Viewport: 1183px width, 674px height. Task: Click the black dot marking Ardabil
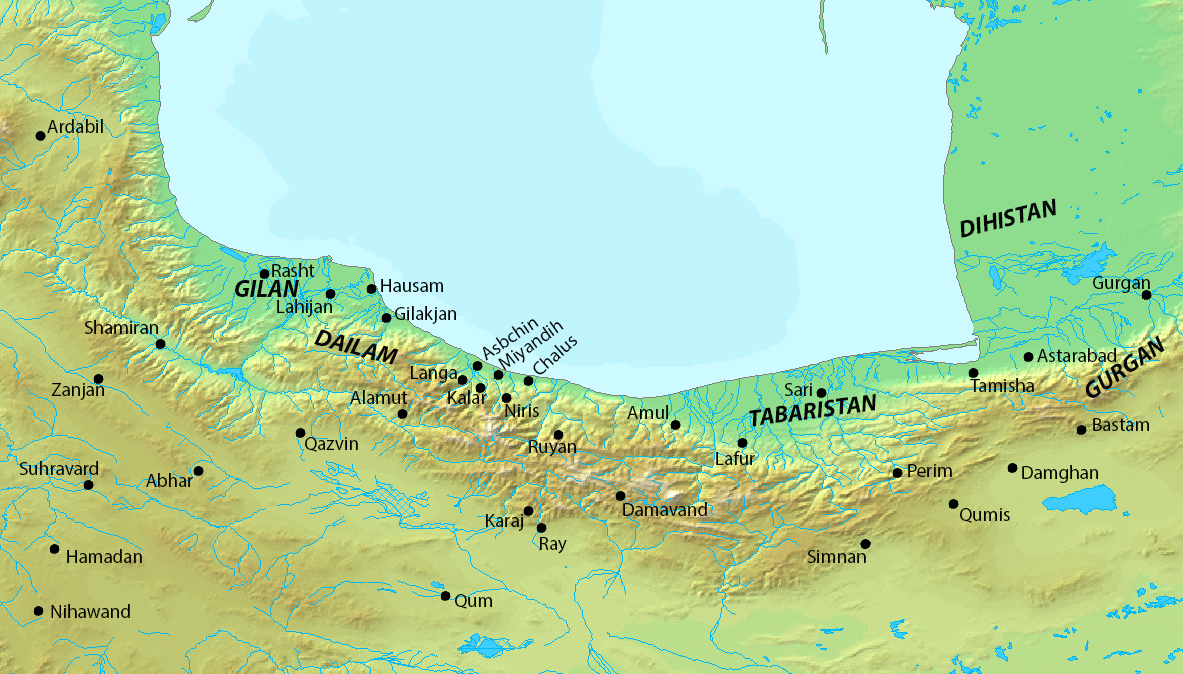pyautogui.click(x=41, y=135)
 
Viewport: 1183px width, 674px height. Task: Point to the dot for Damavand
pyautogui.click(x=620, y=496)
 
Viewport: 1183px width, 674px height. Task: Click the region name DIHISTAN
pyautogui.click(x=1007, y=219)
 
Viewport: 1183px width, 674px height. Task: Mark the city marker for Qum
pyautogui.click(x=445, y=596)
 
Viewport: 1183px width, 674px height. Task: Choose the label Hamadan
pyautogui.click(x=104, y=558)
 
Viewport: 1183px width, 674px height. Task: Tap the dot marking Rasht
pyautogui.click(x=264, y=273)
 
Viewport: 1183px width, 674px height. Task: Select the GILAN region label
pyautogui.click(x=267, y=289)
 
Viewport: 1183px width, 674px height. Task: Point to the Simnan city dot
pyautogui.click(x=865, y=544)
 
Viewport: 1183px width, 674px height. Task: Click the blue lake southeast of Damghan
pyautogui.click(x=1095, y=497)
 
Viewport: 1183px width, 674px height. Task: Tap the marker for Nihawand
pyautogui.click(x=38, y=611)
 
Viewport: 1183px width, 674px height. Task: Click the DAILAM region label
pyautogui.click(x=356, y=346)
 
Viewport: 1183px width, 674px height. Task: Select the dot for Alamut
pyautogui.click(x=402, y=414)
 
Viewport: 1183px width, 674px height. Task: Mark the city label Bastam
pyautogui.click(x=1120, y=426)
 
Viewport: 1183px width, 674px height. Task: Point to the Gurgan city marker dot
pyautogui.click(x=1146, y=294)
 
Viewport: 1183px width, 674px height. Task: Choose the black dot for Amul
pyautogui.click(x=675, y=425)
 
